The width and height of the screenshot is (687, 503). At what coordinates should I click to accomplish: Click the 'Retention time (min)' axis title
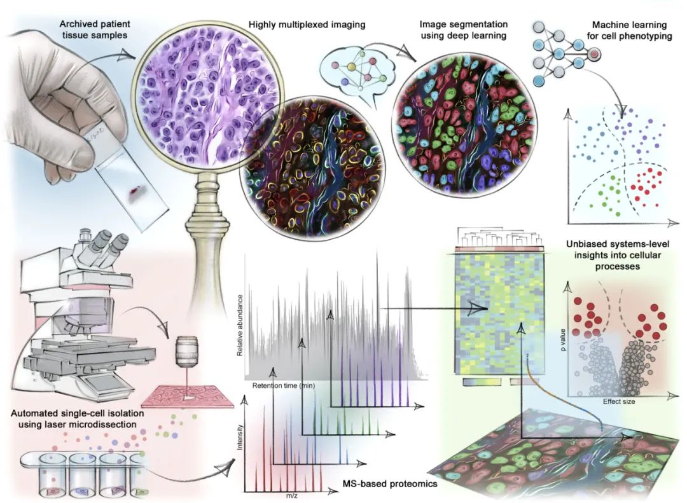(283, 385)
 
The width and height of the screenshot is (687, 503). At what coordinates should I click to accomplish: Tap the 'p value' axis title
(563, 350)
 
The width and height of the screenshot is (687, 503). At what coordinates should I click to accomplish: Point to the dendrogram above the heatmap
(498, 240)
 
